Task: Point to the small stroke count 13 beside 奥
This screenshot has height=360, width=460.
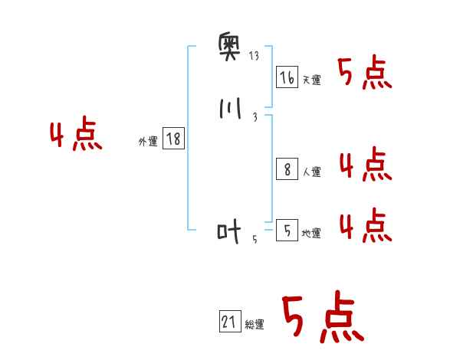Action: point(255,56)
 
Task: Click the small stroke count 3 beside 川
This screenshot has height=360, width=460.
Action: point(255,117)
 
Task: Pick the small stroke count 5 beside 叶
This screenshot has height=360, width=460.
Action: point(255,239)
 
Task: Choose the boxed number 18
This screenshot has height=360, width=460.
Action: point(173,139)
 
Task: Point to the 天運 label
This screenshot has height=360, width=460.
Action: point(312,80)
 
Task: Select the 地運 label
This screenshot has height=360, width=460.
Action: point(312,233)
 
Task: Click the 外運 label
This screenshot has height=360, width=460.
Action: point(148,142)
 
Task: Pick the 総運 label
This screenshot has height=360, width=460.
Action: point(255,326)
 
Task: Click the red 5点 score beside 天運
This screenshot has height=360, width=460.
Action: point(365,73)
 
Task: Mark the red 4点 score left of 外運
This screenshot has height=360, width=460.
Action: point(77,136)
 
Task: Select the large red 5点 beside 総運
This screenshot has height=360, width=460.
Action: point(322,318)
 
